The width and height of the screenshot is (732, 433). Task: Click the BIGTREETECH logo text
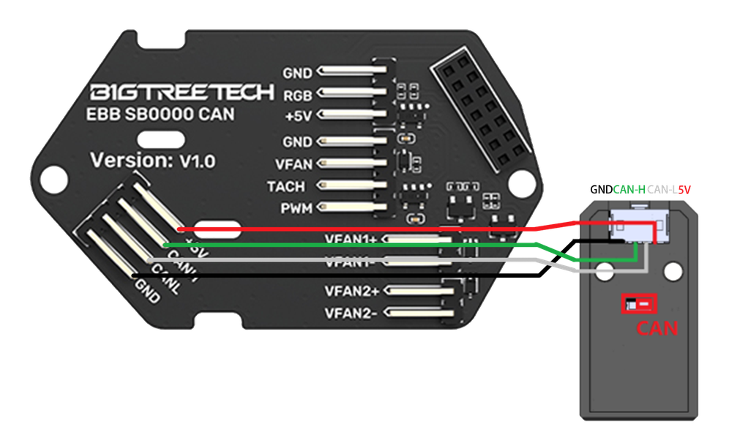pyautogui.click(x=182, y=93)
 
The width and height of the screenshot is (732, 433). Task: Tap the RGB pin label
pyautogui.click(x=298, y=95)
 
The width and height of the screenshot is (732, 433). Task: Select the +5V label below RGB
pyautogui.click(x=297, y=116)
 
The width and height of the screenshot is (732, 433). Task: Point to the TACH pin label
pyautogui.click(x=286, y=187)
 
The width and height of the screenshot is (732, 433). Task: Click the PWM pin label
pyautogui.click(x=296, y=209)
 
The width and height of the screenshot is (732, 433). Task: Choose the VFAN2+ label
pyautogui.click(x=352, y=292)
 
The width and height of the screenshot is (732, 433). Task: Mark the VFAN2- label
pyautogui.click(x=352, y=314)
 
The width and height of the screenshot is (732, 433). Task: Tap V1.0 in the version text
pyautogui.click(x=198, y=161)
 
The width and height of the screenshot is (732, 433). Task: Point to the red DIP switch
pyautogui.click(x=638, y=303)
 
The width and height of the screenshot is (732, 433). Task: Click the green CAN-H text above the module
pyautogui.click(x=629, y=190)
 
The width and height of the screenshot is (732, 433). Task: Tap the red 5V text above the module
pyautogui.click(x=684, y=190)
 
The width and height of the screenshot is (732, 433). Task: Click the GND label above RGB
pyautogui.click(x=297, y=73)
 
